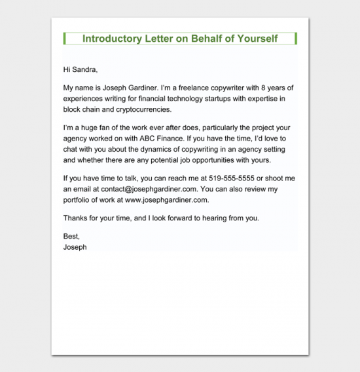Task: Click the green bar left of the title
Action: tap(65, 39)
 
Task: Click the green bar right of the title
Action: tap(296, 39)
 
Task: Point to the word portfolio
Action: tap(80, 200)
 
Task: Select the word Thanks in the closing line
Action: tap(75, 218)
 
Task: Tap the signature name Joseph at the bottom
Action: tap(75, 247)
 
